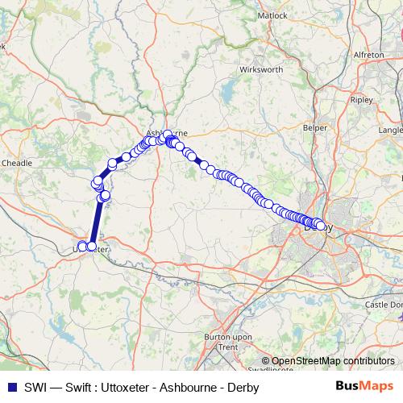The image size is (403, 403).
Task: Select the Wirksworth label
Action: tap(260, 70)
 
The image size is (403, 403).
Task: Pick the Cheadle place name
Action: tap(17, 162)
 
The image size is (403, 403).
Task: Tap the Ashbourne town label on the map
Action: tap(166, 131)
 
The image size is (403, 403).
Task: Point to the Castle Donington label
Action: tap(384, 305)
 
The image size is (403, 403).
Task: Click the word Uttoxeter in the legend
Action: tap(135, 387)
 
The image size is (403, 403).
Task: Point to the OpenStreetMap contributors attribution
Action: tap(332, 361)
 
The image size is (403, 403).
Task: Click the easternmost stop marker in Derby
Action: tap(322, 226)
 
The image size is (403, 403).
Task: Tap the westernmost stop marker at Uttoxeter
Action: tap(81, 246)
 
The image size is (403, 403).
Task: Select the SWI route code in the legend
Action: tap(31, 387)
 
